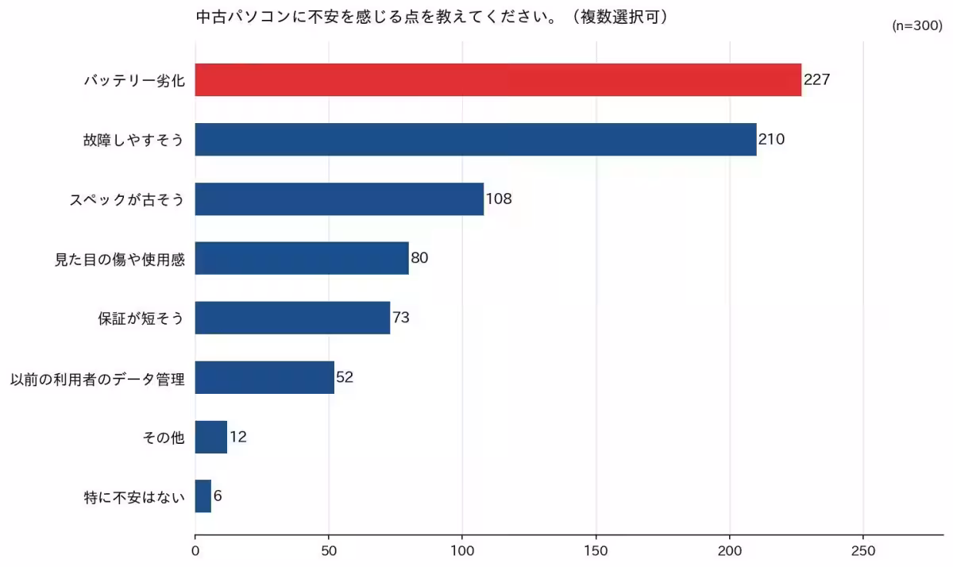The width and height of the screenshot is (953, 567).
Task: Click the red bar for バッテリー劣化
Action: point(498,79)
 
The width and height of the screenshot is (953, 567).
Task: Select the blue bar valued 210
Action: point(476,139)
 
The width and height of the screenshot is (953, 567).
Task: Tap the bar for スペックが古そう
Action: point(339,199)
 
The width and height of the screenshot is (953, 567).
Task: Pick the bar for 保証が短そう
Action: point(292,318)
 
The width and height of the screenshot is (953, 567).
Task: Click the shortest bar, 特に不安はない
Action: point(203,496)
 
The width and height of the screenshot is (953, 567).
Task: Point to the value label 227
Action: point(816,79)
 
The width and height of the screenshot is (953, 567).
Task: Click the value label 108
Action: point(499,199)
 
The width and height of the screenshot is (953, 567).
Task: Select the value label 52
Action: point(345,377)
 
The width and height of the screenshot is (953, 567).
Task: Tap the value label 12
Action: point(237,437)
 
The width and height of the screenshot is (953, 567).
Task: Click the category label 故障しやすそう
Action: point(133,140)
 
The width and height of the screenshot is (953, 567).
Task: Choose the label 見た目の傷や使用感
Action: point(119,259)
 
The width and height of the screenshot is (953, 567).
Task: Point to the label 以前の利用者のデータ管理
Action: point(97,378)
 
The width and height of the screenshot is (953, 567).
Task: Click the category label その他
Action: point(163,438)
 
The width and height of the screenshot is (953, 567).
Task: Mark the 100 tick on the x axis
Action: point(462,550)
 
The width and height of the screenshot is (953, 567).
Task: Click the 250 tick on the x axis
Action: point(863,550)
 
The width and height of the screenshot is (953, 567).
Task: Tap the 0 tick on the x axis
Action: point(195,550)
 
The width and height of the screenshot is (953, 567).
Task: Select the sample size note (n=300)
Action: point(917,25)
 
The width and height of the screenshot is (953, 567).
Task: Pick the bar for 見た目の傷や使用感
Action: point(302,258)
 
